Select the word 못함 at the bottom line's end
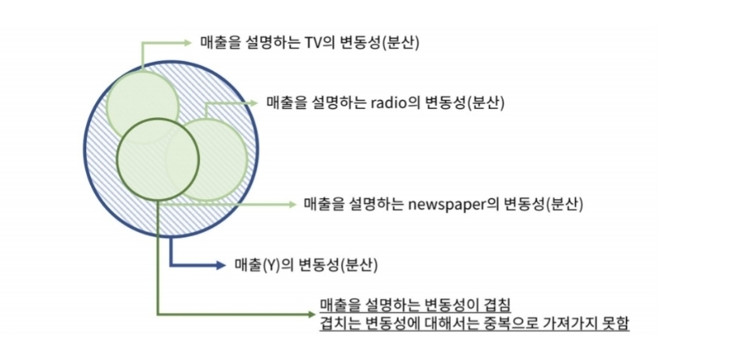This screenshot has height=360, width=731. point(614,322)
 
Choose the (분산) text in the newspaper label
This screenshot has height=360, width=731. point(566,203)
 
